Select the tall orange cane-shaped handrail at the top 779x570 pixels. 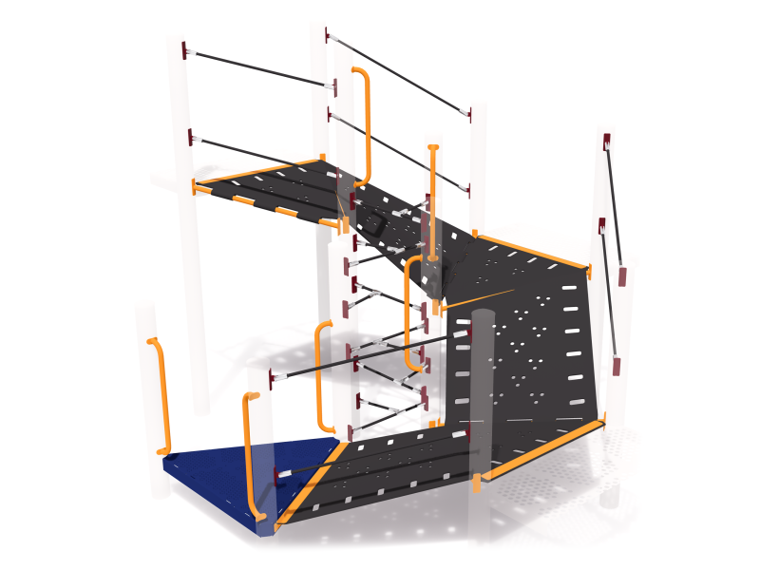point(365,123)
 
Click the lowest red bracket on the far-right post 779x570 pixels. point(617,366)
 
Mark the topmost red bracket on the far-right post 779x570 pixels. point(606,142)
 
